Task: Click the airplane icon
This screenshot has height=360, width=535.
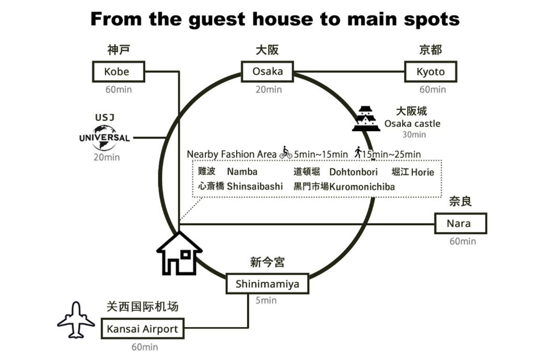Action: [76, 320]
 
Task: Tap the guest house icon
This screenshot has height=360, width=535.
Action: [179, 253]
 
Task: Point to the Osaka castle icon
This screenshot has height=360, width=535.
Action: [366, 119]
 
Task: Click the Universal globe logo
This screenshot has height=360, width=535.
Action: [104, 138]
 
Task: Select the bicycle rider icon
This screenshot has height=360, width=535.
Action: [286, 153]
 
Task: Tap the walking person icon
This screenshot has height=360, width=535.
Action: [357, 152]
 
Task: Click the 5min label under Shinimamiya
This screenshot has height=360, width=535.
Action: [266, 300]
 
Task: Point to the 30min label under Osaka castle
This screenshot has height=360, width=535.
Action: [414, 134]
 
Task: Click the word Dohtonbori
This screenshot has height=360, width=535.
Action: [354, 171]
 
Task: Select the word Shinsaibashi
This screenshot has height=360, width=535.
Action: [255, 187]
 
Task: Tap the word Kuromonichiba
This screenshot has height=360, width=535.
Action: [362, 187]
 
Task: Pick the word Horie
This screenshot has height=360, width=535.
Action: [423, 172]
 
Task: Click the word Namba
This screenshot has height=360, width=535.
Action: [242, 171]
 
